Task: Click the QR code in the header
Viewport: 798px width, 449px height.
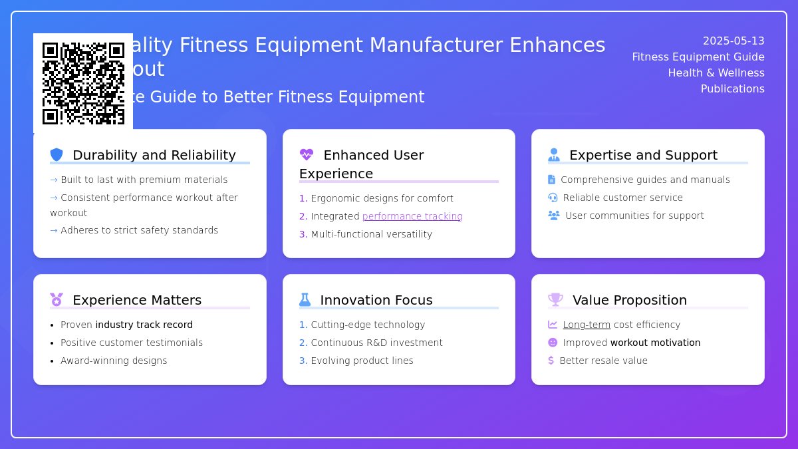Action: (x=83, y=83)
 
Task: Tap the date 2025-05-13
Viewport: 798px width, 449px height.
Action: (x=733, y=41)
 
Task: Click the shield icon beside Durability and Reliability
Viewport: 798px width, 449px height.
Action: (x=57, y=155)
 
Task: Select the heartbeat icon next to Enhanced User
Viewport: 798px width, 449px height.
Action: (x=306, y=155)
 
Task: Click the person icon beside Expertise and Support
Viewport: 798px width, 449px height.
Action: (x=554, y=155)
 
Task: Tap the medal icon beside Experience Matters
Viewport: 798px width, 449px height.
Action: (x=57, y=300)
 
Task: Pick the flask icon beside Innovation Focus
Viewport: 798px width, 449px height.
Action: (x=305, y=300)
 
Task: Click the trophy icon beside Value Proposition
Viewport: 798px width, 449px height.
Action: (x=555, y=300)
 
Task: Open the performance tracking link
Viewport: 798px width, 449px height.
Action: (x=412, y=216)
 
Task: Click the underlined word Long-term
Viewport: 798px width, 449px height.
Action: (x=587, y=325)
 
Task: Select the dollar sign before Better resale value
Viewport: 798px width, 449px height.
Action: (x=551, y=361)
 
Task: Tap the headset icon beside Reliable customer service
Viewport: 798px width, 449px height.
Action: (x=553, y=198)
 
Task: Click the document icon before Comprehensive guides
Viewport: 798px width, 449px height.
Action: (x=551, y=180)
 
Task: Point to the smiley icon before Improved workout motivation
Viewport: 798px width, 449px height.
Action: (x=553, y=343)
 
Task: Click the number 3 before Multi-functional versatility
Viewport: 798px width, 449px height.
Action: (x=303, y=234)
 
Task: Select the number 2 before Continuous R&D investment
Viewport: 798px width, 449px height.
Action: (x=303, y=343)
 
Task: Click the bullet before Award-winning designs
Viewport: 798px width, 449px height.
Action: (x=52, y=361)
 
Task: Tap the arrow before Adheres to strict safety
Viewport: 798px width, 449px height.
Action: (x=54, y=230)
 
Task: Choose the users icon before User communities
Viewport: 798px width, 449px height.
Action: (x=554, y=216)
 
